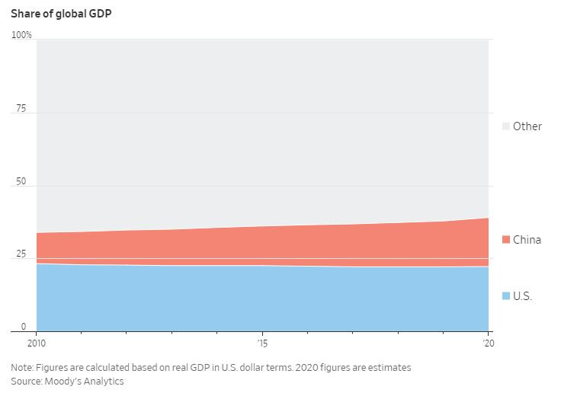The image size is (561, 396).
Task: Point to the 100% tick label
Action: point(21,35)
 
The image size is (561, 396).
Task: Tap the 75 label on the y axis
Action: point(21,109)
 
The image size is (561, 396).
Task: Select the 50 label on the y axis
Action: point(21,182)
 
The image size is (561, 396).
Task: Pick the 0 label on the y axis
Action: point(24,326)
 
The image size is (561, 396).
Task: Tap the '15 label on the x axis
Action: point(262,343)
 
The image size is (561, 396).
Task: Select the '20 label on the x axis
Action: point(488,343)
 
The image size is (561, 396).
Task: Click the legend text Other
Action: point(527,126)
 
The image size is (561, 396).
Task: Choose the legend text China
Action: point(527,240)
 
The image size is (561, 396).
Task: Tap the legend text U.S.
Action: point(522,295)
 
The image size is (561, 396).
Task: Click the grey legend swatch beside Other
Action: point(505,126)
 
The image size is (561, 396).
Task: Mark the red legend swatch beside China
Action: point(505,240)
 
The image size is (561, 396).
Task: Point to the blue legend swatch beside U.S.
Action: point(505,295)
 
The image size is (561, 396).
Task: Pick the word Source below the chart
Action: point(26,381)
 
